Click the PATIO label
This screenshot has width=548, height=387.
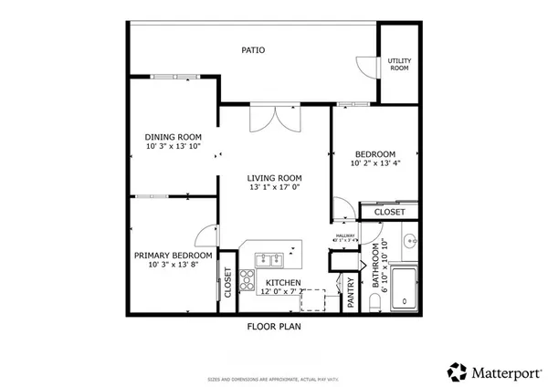pos(253,50)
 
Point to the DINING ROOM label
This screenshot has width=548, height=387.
pos(173,137)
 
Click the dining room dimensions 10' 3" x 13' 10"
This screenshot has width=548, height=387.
pos(173,148)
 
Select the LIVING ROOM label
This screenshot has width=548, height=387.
pos(274,177)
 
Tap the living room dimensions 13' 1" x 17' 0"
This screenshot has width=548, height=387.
pos(274,188)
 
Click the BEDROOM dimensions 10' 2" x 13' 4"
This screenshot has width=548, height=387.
pos(374,165)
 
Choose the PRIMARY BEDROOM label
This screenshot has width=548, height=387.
pos(174,256)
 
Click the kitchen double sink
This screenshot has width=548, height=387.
pos(269,257)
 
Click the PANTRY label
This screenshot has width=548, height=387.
pos(351,299)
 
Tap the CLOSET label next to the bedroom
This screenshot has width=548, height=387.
pos(390,213)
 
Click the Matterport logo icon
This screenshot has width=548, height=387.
pos(456,371)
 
